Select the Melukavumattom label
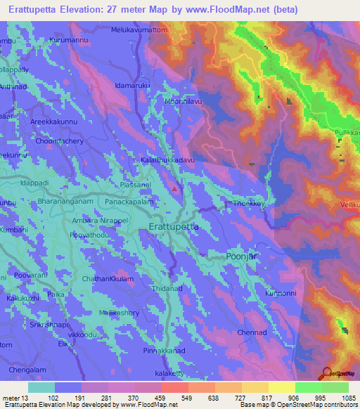coord(140,31)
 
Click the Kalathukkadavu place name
coord(166,160)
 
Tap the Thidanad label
coord(167,289)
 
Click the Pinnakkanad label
coord(165,349)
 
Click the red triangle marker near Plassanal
coord(175,188)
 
